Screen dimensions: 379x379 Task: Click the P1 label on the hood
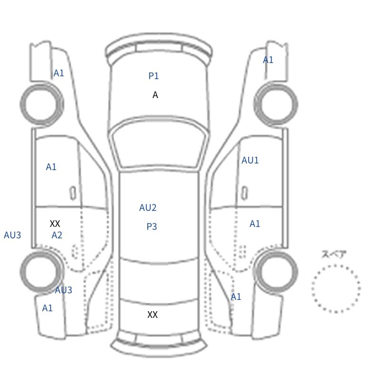click(x=153, y=76)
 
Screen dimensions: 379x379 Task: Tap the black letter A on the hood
click(x=155, y=95)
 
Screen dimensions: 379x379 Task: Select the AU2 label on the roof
click(x=148, y=208)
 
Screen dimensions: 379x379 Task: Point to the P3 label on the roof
click(x=152, y=226)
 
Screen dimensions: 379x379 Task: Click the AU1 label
click(x=250, y=160)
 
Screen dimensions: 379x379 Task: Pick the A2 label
click(x=57, y=235)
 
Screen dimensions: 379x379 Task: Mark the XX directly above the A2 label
click(x=55, y=224)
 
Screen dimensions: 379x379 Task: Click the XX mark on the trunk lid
click(x=153, y=315)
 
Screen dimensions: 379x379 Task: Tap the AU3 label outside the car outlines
click(x=12, y=235)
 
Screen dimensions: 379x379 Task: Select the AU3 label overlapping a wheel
click(x=63, y=290)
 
